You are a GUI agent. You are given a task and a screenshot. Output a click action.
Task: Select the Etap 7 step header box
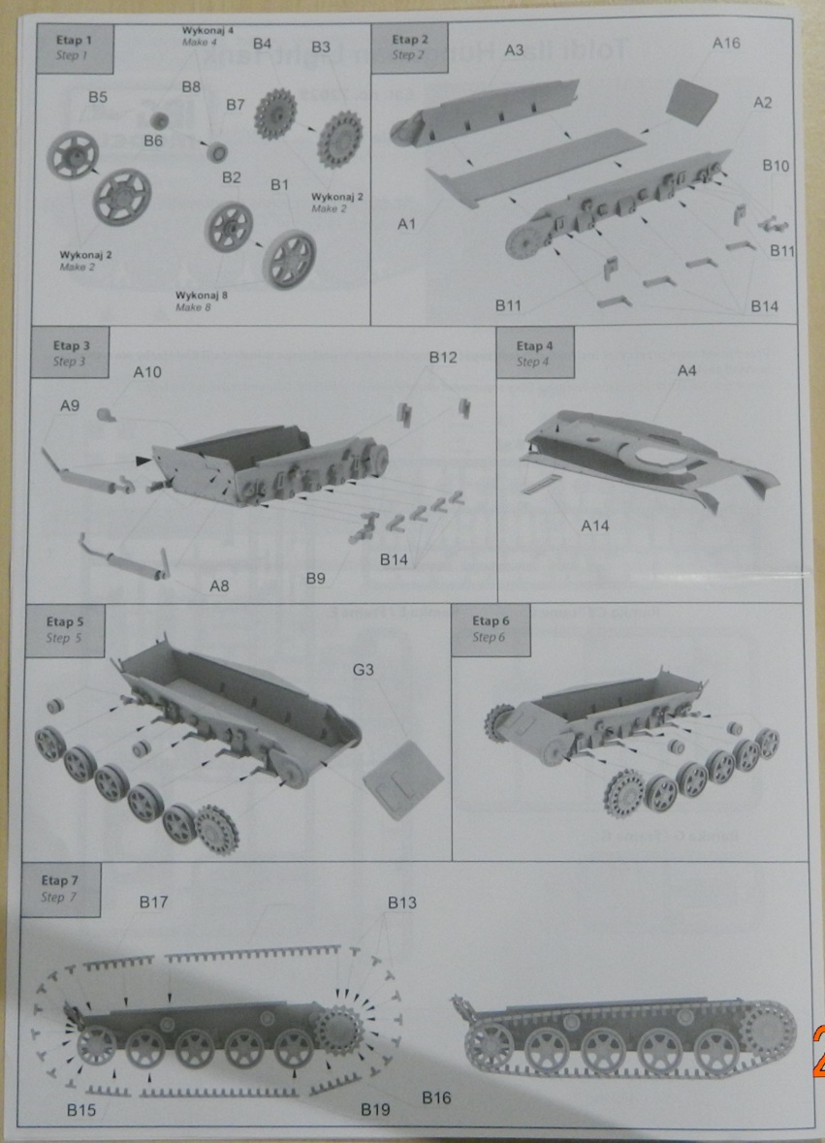60,888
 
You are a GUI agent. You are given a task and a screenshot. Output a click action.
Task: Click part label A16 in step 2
726,43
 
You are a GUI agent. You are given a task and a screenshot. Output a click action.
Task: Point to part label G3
364,670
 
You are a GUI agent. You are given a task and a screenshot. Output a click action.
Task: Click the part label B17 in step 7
153,903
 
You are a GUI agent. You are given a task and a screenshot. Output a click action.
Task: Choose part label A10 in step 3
148,372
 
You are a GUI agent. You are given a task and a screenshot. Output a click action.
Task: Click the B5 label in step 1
98,97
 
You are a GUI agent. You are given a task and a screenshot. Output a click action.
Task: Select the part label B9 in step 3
315,579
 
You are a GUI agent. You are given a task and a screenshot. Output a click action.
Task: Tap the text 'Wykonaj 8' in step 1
200,294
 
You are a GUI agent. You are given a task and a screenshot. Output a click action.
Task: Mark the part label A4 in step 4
686,370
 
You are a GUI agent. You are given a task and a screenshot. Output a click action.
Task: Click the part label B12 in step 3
443,358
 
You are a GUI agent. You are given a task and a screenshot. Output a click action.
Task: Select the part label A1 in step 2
407,224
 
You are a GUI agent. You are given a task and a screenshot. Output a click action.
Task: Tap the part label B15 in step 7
81,1109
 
